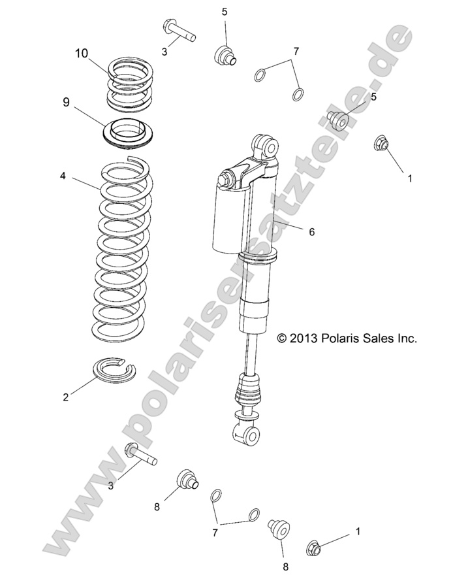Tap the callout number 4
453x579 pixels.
(x=63, y=176)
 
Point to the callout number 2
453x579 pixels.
(x=65, y=397)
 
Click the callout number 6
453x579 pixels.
(x=311, y=231)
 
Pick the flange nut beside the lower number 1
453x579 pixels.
(x=314, y=549)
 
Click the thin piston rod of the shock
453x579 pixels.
(x=249, y=353)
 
